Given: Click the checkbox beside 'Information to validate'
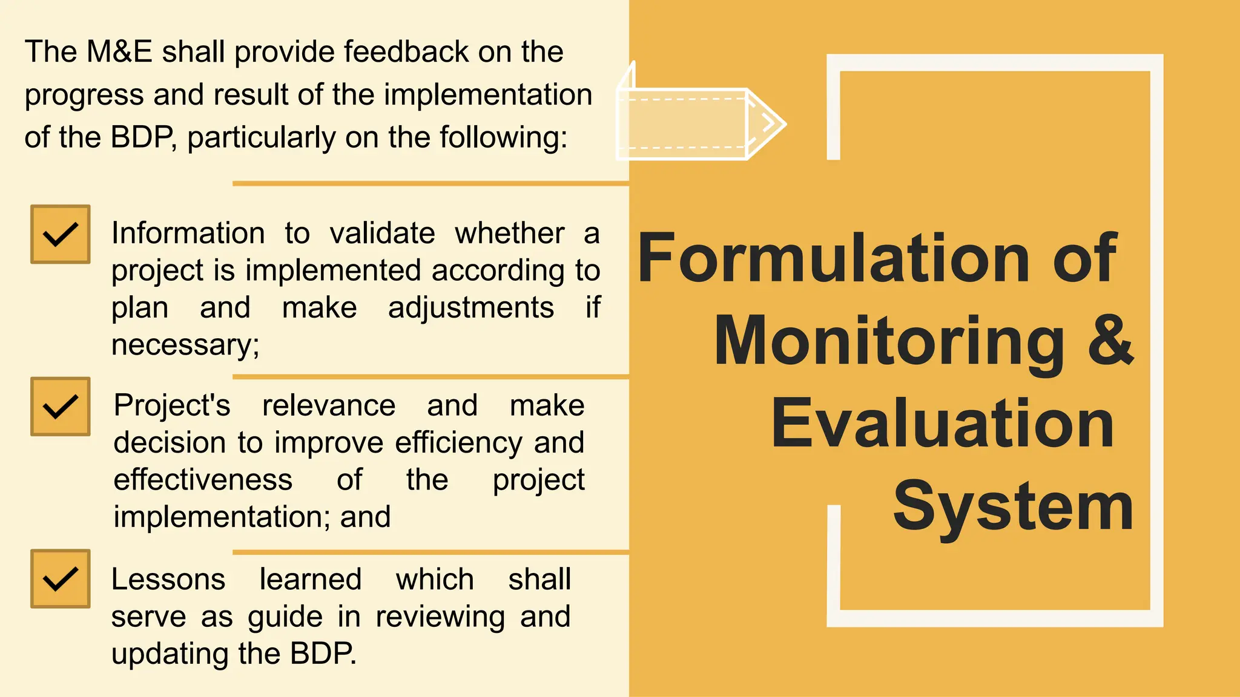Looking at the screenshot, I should pyautogui.click(x=61, y=234).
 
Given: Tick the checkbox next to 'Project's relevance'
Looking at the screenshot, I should pyautogui.click(x=61, y=407).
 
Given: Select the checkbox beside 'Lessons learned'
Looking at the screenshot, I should pyautogui.click(x=61, y=579).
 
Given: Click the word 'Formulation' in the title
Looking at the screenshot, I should pyautogui.click(x=834, y=258).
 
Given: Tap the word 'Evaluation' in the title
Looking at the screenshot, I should pyautogui.click(x=942, y=423).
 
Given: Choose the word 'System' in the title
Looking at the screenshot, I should pyautogui.click(x=1012, y=506).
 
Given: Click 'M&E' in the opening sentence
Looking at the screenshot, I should pyautogui.click(x=119, y=51).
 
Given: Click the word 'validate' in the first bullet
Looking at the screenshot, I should pyautogui.click(x=383, y=234).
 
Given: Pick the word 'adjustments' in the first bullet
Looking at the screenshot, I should pyautogui.click(x=471, y=308).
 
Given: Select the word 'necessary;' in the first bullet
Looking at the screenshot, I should pyautogui.click(x=185, y=345).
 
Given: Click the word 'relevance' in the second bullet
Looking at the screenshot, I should pyautogui.click(x=329, y=405).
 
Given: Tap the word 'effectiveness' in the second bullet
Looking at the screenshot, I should pyautogui.click(x=203, y=480).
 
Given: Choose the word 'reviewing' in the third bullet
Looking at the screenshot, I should pyautogui.click(x=440, y=617).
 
